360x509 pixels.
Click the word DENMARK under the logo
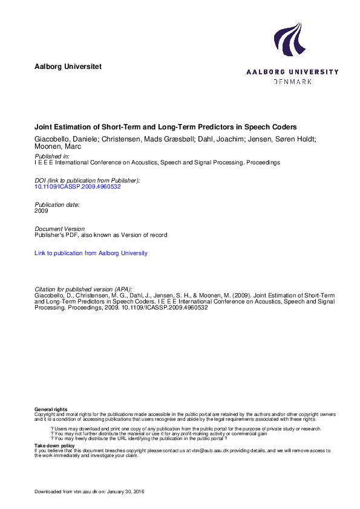click(293, 81)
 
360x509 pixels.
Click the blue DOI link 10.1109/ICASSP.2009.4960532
click(78, 187)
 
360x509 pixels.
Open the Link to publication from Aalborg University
click(91, 253)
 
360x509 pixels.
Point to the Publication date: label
click(57, 205)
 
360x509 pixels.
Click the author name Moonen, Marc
click(58, 146)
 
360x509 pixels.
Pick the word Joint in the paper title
click(44, 128)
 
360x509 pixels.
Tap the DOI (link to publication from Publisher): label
click(87, 181)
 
